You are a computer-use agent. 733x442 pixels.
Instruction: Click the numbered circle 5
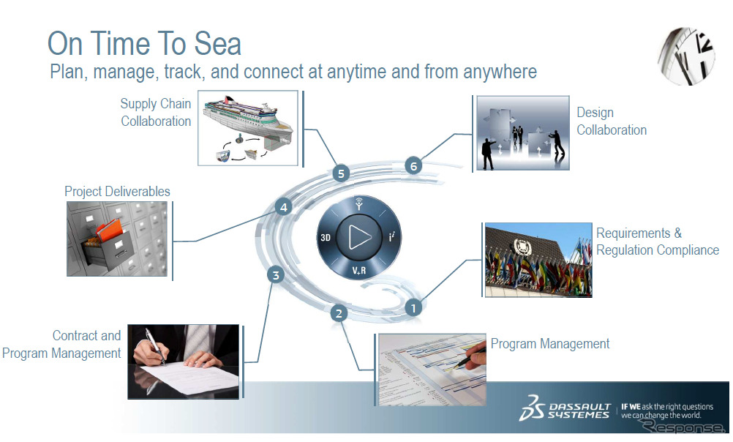click(341, 173)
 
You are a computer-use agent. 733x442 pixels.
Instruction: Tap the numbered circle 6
click(413, 165)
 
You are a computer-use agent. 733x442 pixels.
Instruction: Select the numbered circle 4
click(283, 207)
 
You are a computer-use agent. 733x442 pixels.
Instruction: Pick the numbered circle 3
click(276, 275)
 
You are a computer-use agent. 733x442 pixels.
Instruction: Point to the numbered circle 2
click(339, 313)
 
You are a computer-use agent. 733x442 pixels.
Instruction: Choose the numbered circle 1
click(413, 308)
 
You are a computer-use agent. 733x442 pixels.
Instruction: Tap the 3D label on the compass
click(326, 238)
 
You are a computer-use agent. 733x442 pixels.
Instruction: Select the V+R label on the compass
click(359, 270)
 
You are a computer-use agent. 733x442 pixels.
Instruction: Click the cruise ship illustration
click(248, 118)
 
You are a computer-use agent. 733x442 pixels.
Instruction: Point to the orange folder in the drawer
click(110, 230)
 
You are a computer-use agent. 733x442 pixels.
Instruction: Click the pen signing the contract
click(155, 345)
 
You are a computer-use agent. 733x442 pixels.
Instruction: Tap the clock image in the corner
click(686, 56)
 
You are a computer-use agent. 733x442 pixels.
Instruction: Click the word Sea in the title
click(217, 43)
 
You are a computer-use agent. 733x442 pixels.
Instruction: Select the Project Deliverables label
click(117, 191)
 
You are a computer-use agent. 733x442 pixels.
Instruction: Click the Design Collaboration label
click(612, 121)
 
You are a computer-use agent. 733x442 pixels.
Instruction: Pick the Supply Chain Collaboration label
click(156, 112)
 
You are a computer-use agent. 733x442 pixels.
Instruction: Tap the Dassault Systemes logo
click(565, 408)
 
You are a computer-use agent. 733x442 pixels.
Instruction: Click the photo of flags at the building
click(538, 260)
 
